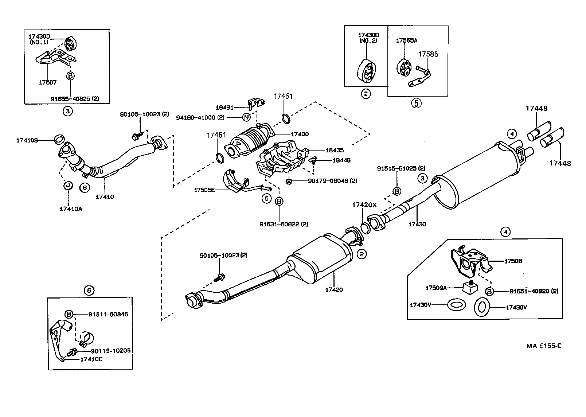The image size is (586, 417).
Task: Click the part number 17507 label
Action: pos(48,82)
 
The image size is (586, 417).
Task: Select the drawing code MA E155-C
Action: pos(544,346)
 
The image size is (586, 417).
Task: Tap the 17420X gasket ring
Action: pos(366,228)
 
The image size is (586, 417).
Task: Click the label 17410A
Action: pos(71,209)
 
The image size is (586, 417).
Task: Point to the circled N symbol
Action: pos(247,117)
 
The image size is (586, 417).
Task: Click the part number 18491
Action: pos(224,108)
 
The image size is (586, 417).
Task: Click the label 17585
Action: pos(428,54)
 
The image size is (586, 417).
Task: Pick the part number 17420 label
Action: pos(334,290)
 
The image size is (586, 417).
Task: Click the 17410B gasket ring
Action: pos(59,139)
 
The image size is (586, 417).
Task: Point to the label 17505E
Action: pos(204,190)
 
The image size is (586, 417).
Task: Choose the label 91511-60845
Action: pos(108,314)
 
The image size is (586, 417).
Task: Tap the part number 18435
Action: pos(335,150)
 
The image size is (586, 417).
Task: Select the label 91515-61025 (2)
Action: pos(401,168)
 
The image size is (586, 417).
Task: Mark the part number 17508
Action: pos(513,261)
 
